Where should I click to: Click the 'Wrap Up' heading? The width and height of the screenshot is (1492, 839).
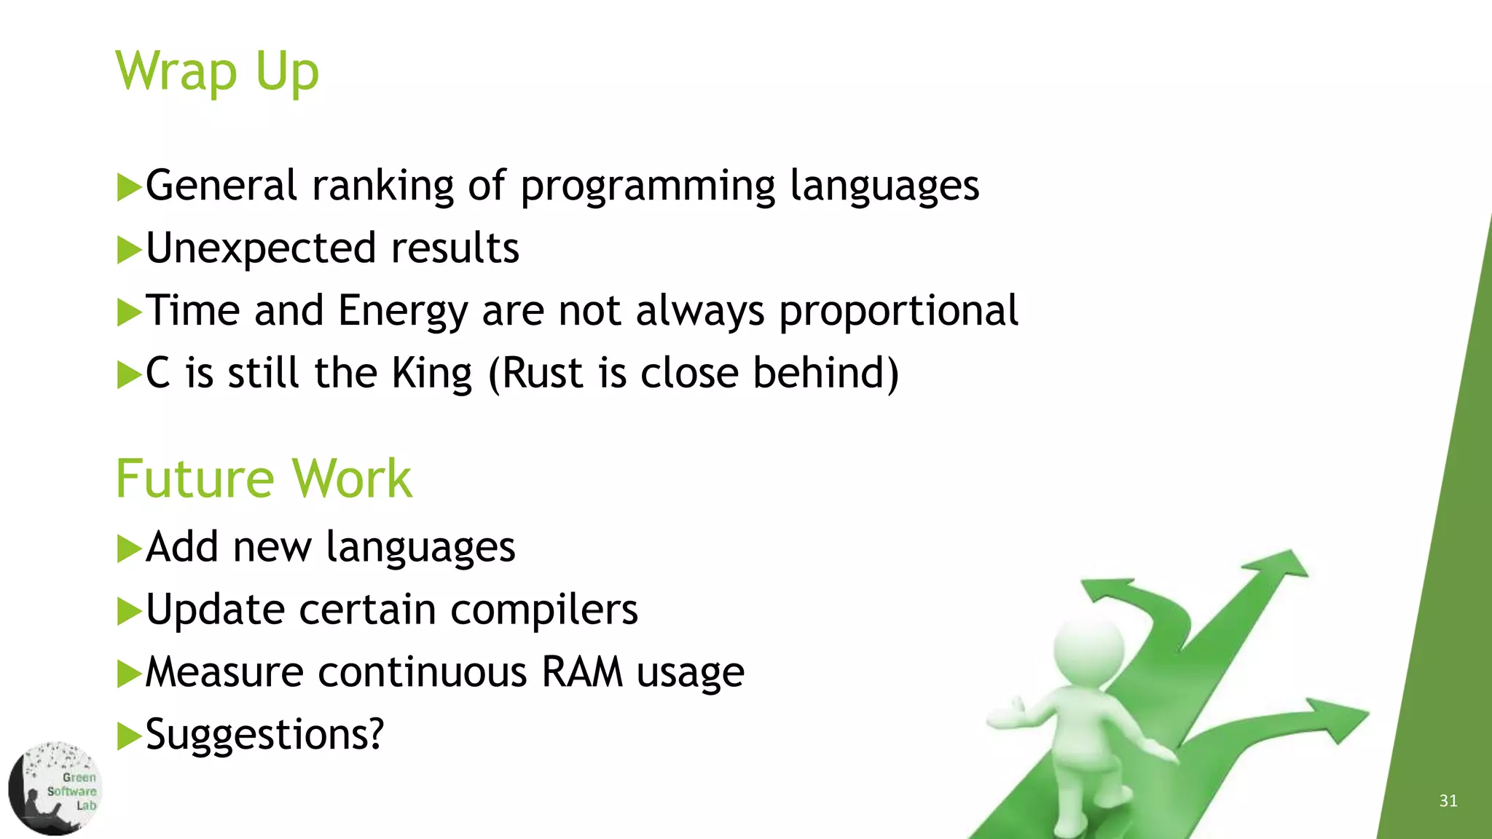tap(217, 71)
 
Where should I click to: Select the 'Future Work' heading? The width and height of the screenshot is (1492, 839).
tap(264, 478)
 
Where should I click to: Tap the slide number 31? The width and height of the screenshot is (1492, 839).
tap(1448, 801)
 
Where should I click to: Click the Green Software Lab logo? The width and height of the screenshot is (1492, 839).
tap(55, 789)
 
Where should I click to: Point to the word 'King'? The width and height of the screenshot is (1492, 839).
tap(432, 374)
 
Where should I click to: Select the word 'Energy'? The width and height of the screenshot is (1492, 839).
tap(402, 311)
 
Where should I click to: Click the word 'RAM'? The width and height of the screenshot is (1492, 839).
tap(581, 671)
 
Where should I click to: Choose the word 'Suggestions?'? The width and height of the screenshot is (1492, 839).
tap(264, 734)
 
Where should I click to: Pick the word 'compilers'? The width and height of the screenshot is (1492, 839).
tap(543, 609)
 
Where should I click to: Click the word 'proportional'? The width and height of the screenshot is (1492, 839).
tap(898, 311)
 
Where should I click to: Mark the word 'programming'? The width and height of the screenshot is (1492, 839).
tap(648, 186)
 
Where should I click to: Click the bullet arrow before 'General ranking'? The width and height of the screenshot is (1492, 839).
tap(129, 187)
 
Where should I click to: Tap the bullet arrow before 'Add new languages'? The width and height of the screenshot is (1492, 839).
tap(129, 548)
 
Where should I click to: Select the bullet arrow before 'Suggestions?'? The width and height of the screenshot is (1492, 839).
tap(129, 736)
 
